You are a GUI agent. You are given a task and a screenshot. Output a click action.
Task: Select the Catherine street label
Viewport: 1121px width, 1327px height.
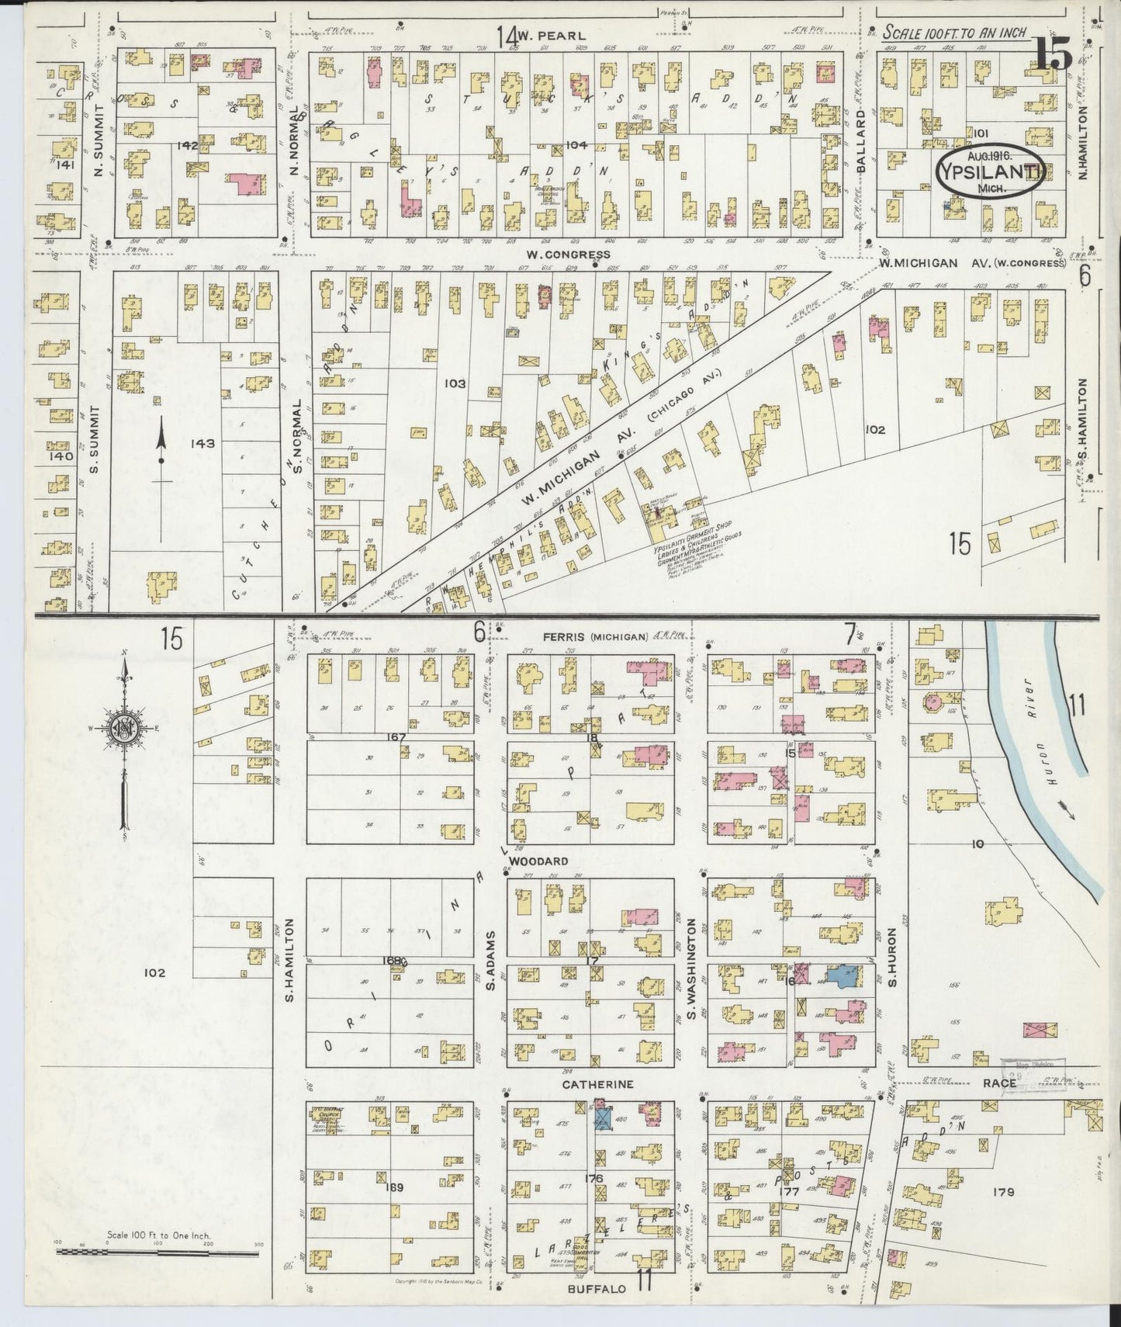(598, 1084)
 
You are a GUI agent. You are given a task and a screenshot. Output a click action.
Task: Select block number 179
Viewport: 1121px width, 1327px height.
(1003, 1192)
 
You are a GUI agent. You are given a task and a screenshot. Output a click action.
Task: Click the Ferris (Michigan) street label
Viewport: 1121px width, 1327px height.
(595, 637)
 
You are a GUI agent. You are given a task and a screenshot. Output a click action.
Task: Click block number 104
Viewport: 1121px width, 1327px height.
(576, 145)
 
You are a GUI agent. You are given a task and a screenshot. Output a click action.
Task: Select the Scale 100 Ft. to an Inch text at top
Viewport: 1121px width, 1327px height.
(954, 33)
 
